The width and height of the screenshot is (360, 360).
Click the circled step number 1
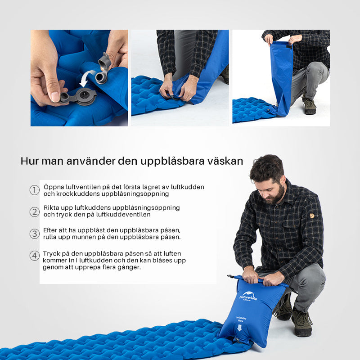pyautogui.click(x=35, y=190)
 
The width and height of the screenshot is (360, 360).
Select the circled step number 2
pyautogui.click(x=35, y=211)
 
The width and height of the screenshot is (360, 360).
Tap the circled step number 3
pyautogui.click(x=35, y=234)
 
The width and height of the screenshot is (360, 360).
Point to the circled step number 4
pyautogui.click(x=35, y=256)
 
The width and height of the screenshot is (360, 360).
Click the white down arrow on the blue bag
pyautogui.click(x=239, y=328)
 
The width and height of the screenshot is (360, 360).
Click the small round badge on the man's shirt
pyautogui.click(x=311, y=216)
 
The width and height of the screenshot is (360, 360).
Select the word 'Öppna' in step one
pyautogui.click(x=54, y=187)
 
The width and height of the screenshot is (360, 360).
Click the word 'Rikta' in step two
pyautogui.click(x=52, y=207)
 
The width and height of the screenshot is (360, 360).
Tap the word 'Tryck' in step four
pyautogui.click(x=52, y=253)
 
